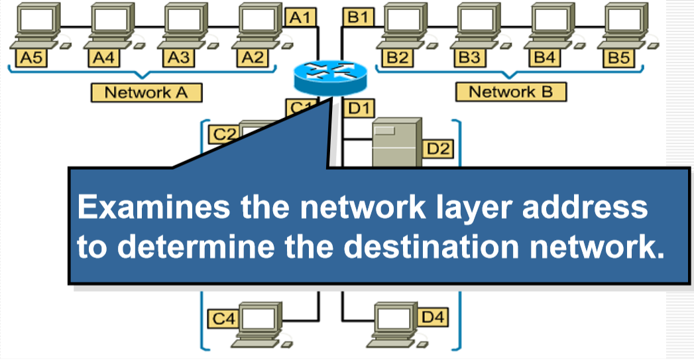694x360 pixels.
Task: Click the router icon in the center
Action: (x=329, y=77)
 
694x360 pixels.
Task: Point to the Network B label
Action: (x=510, y=91)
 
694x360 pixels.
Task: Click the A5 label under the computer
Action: (x=30, y=58)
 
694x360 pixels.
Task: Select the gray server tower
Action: (x=396, y=143)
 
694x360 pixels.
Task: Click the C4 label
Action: (x=223, y=319)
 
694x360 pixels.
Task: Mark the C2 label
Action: (x=224, y=134)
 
